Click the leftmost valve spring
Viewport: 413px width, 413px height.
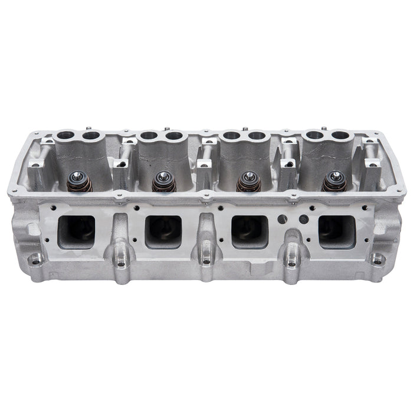tap(79, 182)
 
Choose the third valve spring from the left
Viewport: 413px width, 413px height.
tap(247, 182)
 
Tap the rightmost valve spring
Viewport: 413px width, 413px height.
tap(334, 182)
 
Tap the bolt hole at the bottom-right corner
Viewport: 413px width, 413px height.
tap(376, 258)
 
